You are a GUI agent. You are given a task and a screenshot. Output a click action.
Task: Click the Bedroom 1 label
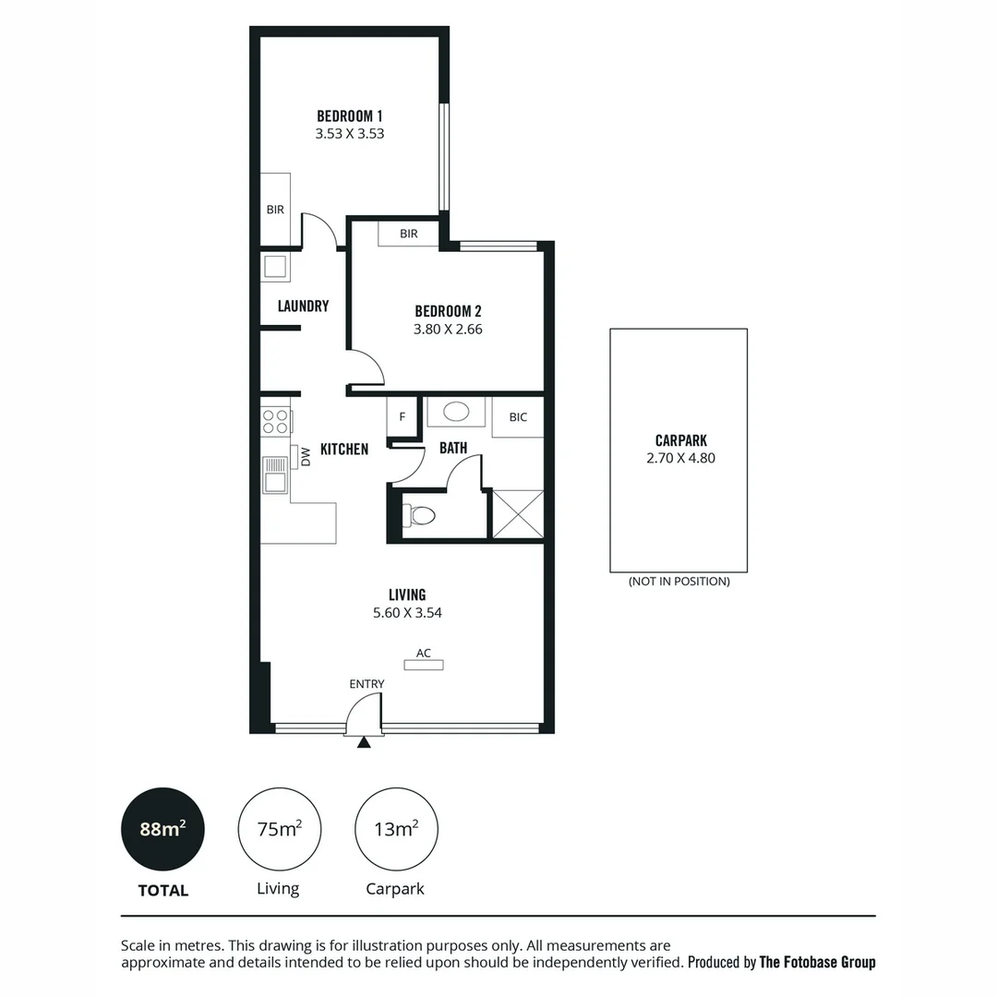pos(349,116)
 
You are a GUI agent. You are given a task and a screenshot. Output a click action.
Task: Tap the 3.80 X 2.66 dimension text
pos(448,329)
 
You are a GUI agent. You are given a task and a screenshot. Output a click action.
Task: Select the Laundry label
pos(303,306)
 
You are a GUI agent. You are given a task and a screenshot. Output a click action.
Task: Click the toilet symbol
pos(419,515)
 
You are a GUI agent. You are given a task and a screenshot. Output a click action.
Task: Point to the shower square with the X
pos(517,513)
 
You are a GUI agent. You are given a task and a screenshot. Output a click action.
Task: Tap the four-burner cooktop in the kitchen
pos(276,421)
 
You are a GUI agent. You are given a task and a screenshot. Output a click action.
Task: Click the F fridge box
pos(402,416)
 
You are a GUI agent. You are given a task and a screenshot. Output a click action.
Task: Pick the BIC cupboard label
pos(518,417)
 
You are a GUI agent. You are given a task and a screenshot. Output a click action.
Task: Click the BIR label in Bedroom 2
pos(409,234)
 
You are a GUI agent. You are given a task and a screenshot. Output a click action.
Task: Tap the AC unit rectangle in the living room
pos(424,665)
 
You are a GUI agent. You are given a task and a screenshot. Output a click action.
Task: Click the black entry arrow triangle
pos(364,741)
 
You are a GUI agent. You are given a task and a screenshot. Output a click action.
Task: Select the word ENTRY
pos(366,684)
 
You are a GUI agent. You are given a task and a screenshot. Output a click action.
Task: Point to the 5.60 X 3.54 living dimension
pos(406,612)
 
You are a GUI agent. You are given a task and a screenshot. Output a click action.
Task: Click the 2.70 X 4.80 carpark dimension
pos(680,458)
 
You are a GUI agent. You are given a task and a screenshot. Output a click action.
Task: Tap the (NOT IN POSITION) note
pos(679,582)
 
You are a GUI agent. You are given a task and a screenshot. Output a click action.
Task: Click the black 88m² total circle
pos(162,829)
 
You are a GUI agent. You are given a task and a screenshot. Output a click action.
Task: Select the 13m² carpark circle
pos(396,829)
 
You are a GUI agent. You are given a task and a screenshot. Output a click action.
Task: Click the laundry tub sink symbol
pos(275,267)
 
